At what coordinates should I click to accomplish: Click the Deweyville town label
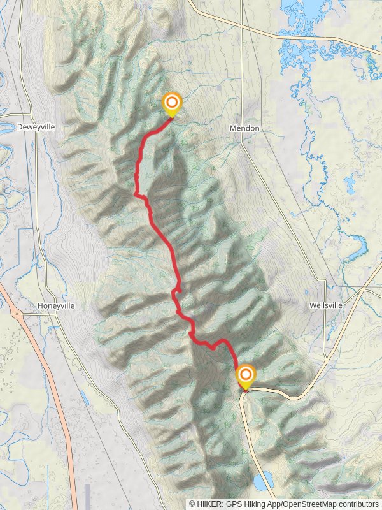pyautogui.click(x=36, y=127)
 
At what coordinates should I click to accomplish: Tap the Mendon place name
pyautogui.click(x=244, y=128)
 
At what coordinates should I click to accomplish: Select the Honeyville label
pyautogui.click(x=56, y=305)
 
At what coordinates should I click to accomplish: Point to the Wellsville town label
pyautogui.click(x=326, y=305)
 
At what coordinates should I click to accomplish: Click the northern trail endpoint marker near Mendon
pyautogui.click(x=171, y=103)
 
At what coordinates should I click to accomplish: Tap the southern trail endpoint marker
pyautogui.click(x=245, y=375)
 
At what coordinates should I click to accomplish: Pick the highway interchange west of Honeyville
pyautogui.click(x=15, y=312)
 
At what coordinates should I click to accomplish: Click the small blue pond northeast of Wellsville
pyautogui.click(x=350, y=185)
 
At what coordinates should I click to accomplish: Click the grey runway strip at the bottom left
pyautogui.click(x=88, y=497)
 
